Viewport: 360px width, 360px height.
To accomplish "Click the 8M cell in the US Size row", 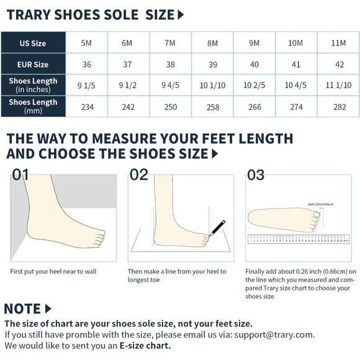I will click(x=212, y=43).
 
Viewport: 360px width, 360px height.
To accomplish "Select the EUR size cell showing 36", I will click(x=87, y=65).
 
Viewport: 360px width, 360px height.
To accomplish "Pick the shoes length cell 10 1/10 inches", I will click(x=212, y=84).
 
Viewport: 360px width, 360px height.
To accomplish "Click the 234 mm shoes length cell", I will click(x=87, y=107).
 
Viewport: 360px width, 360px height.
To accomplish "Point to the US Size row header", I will click(x=33, y=43).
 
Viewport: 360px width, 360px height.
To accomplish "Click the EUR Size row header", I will click(x=33, y=65).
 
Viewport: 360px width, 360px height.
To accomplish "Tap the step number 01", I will click(x=20, y=175).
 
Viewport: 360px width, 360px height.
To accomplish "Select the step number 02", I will click(x=139, y=175).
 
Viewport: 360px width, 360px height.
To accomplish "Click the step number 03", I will click(x=256, y=175).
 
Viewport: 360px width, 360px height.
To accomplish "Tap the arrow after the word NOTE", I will click(x=48, y=308).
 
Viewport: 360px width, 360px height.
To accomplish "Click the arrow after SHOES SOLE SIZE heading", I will click(x=181, y=15).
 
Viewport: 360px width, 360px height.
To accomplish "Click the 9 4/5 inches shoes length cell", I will click(x=171, y=84).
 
